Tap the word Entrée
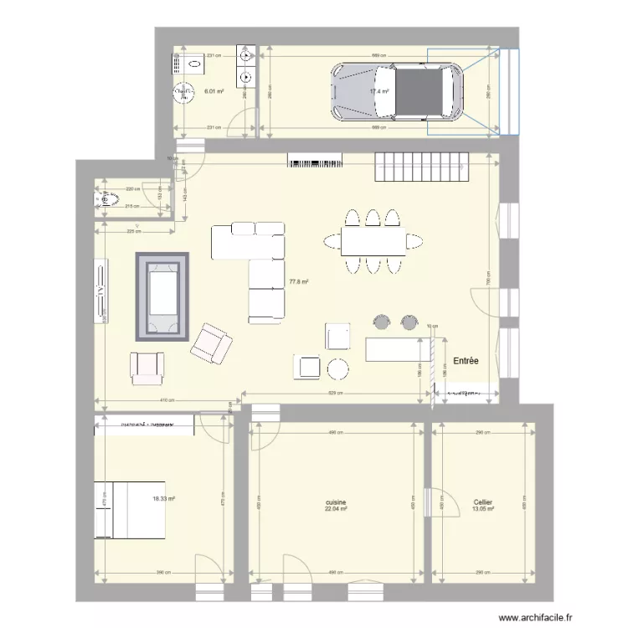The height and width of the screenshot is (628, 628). click(x=466, y=361)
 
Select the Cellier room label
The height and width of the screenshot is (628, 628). click(x=482, y=502)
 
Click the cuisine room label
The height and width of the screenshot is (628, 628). click(x=337, y=502)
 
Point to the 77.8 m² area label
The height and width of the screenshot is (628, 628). click(x=299, y=283)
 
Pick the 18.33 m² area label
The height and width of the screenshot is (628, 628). click(x=163, y=499)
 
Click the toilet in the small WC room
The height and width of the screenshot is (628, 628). click(x=106, y=200)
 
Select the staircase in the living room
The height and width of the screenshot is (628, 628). click(x=421, y=167)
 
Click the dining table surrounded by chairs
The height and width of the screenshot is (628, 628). click(x=373, y=242)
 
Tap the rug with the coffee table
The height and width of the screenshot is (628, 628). click(x=162, y=296)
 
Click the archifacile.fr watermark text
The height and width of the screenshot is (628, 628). click(x=535, y=617)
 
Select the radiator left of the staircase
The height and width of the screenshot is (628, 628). click(x=316, y=160)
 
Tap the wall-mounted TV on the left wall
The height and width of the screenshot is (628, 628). click(x=100, y=291)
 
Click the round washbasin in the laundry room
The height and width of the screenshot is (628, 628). click(x=181, y=93)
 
